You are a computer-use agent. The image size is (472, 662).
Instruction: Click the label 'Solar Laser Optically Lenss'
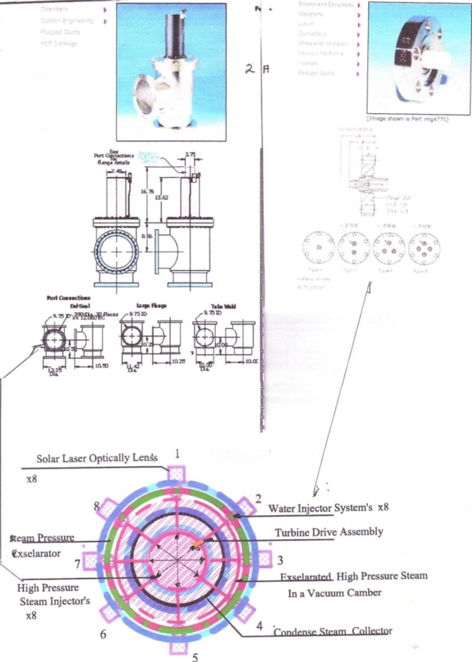[x=97, y=458]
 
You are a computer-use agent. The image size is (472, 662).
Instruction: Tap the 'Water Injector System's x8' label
[x=328, y=507]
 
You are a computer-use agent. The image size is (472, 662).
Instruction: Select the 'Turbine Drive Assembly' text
[x=329, y=532]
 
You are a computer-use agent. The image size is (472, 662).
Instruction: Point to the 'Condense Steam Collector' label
[x=333, y=631]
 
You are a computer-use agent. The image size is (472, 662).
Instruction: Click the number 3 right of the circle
[x=280, y=559]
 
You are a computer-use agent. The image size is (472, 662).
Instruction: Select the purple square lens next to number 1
[x=176, y=474]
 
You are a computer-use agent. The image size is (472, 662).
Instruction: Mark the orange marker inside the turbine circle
[x=198, y=540]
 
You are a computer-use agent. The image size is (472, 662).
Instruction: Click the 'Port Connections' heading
[x=68, y=298]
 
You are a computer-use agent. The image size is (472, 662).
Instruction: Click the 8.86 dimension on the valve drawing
[x=147, y=235]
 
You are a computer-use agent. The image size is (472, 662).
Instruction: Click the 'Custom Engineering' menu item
[x=67, y=21]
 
